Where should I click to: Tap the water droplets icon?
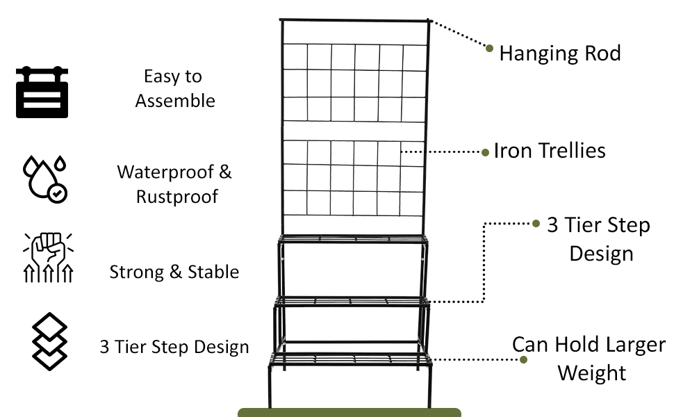point(45,178)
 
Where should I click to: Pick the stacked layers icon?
point(50,341)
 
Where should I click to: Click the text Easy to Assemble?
point(174,88)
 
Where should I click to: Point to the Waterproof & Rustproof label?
point(175,184)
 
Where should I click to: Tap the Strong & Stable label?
point(174,272)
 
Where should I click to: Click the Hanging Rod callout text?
point(559,53)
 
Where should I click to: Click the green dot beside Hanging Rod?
point(489,48)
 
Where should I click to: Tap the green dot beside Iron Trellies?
point(486,152)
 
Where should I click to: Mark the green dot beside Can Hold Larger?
point(523,360)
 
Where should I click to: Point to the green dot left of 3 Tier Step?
point(536,224)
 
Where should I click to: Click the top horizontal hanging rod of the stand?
point(354,21)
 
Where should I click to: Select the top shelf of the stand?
point(353,239)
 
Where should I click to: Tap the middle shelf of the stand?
point(352,300)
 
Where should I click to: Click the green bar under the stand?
point(349,412)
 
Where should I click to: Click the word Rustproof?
point(177,197)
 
